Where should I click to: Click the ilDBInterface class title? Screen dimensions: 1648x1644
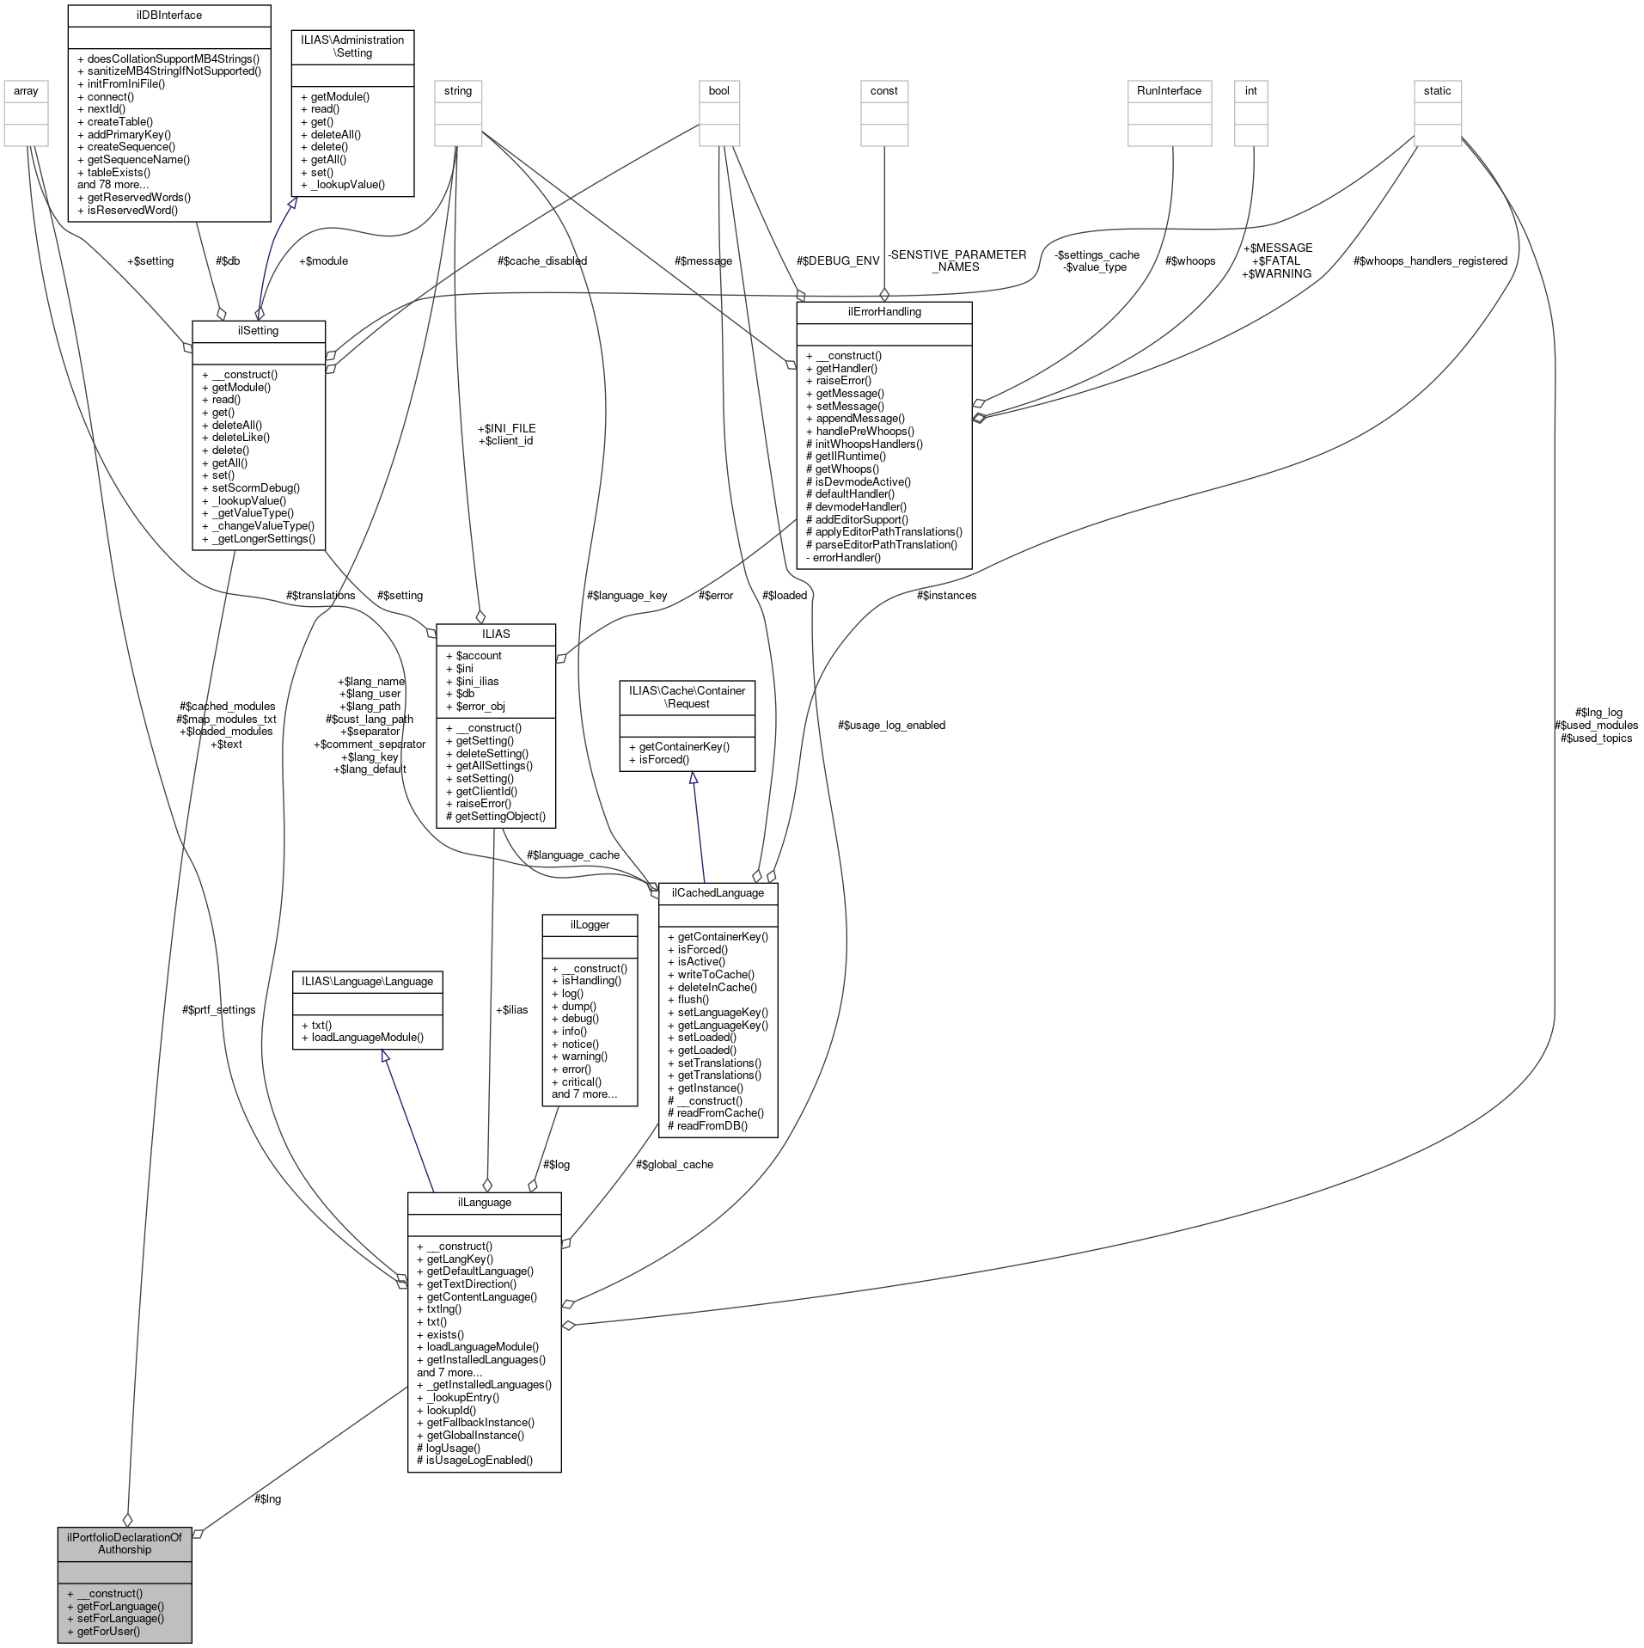pyautogui.click(x=168, y=15)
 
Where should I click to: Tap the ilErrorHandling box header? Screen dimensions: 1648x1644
pyautogui.click(x=883, y=311)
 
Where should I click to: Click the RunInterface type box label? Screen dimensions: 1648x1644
pyautogui.click(x=1169, y=90)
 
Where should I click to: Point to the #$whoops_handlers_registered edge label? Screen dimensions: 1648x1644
pyautogui.click(x=1430, y=260)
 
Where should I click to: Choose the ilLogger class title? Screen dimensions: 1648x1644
pyautogui.click(x=590, y=924)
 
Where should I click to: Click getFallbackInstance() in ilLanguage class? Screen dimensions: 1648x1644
pyautogui.click(x=480, y=1422)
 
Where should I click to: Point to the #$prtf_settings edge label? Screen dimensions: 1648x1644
pyautogui.click(x=218, y=1009)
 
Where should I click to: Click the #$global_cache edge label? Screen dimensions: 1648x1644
pyautogui.click(x=674, y=1164)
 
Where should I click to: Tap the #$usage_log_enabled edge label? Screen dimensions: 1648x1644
pyautogui.click(x=891, y=725)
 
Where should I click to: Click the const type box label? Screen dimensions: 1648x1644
pyautogui.click(x=883, y=90)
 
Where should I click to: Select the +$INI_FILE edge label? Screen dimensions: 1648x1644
pyautogui.click(x=506, y=427)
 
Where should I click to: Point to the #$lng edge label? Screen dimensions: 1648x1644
pyautogui.click(x=267, y=1498)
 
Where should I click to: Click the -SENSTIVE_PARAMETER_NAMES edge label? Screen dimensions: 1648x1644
pyautogui.click(x=956, y=260)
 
